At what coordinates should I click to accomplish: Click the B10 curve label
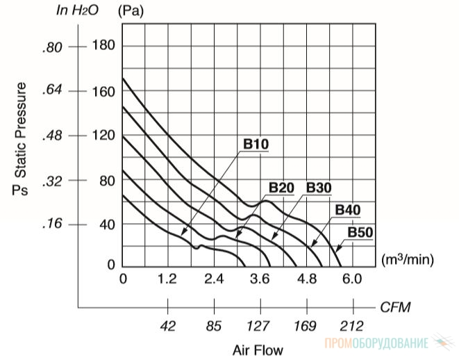(x=256, y=144)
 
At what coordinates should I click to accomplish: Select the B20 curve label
(x=281, y=188)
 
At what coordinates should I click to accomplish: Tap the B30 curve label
(x=319, y=188)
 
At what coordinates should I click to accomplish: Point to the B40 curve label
(x=347, y=210)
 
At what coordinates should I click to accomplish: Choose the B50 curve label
(x=360, y=233)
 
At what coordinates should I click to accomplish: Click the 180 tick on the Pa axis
(x=103, y=45)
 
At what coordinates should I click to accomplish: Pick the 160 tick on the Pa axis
(x=103, y=92)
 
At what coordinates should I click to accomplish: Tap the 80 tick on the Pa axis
(x=106, y=181)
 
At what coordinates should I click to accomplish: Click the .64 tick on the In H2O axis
(x=52, y=90)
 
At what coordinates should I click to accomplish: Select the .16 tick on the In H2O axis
(x=52, y=224)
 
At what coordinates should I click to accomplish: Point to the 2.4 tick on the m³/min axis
(x=214, y=279)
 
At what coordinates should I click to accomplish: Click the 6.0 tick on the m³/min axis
(x=352, y=279)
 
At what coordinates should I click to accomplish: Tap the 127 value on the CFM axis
(x=258, y=326)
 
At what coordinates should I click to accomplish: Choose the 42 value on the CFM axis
(x=168, y=326)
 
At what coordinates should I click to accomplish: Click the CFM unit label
(x=395, y=307)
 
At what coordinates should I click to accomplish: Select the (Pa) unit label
(x=131, y=11)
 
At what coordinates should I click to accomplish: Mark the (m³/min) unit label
(x=407, y=259)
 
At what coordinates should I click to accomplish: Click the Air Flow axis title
(x=258, y=350)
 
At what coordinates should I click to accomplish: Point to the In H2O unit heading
(x=77, y=10)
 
